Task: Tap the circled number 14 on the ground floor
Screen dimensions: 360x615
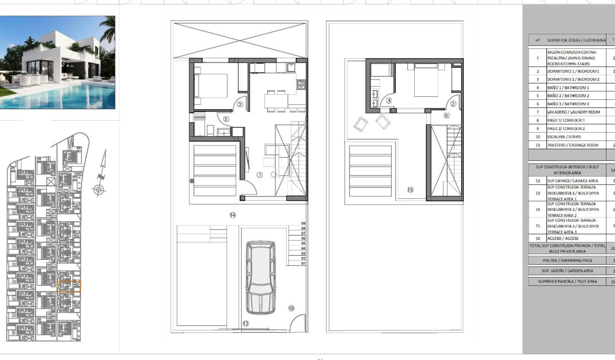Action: click(233, 215)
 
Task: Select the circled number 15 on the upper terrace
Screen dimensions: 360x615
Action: click(410, 190)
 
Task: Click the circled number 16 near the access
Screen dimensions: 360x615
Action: click(291, 309)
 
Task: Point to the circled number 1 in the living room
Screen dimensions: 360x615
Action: click(260, 175)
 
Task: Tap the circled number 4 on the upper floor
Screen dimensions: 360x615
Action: click(389, 101)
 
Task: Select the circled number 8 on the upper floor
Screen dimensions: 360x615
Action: click(446, 115)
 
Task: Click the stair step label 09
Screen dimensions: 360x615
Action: click(303, 223)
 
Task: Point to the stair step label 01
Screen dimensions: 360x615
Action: click(303, 263)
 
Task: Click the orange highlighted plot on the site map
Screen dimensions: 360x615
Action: click(69, 286)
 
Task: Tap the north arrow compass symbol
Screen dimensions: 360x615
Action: click(99, 190)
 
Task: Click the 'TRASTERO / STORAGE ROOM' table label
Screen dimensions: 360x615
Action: click(573, 145)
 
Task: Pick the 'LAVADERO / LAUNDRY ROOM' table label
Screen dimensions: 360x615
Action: click(573, 112)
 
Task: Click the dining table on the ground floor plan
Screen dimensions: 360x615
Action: click(276, 101)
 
